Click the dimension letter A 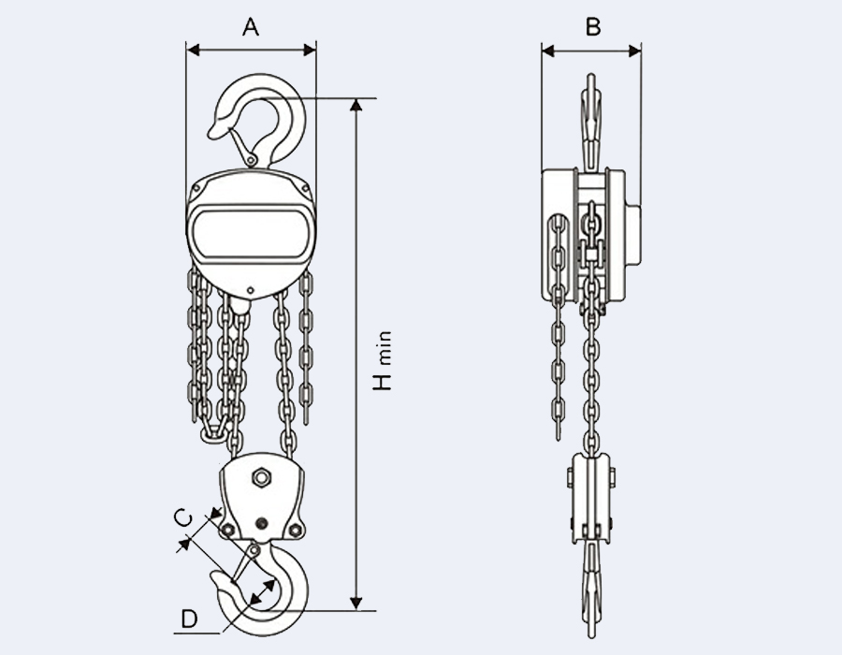coord(251,27)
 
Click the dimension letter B coord(591,27)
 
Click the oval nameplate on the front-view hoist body coord(251,236)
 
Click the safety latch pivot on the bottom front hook coord(254,550)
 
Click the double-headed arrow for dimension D coord(261,596)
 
